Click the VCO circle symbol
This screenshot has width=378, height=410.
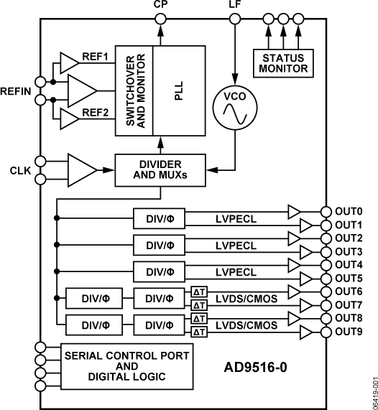tap(234, 108)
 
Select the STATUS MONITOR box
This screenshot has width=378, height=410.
tap(282, 62)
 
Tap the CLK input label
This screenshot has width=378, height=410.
tap(19, 170)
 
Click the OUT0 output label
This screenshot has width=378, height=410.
tap(350, 212)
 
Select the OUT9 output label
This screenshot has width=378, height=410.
tap(350, 331)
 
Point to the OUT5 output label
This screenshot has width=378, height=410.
tap(350, 278)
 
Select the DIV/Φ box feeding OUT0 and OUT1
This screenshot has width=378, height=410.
tap(160, 218)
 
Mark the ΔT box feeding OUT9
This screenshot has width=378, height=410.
tap(198, 331)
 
